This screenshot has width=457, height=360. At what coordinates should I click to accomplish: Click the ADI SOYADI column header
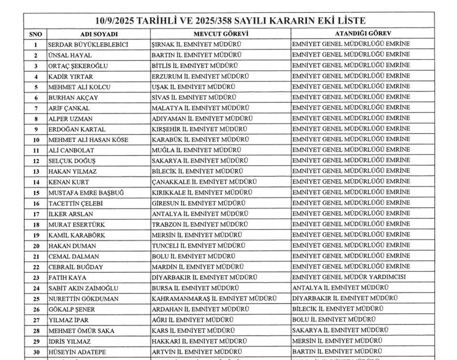(99, 35)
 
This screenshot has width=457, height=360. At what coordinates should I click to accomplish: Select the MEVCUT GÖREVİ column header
(221, 35)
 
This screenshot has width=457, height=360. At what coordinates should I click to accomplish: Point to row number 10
(36, 140)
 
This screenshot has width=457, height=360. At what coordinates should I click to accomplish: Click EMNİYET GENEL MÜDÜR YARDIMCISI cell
(349, 277)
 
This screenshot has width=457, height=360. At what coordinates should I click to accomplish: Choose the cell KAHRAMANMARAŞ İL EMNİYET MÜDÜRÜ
(214, 299)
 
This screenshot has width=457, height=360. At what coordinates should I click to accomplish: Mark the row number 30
(36, 352)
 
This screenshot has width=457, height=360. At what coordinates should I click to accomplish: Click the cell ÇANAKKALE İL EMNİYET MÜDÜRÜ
(204, 182)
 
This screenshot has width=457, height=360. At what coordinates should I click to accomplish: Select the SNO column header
(36, 35)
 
